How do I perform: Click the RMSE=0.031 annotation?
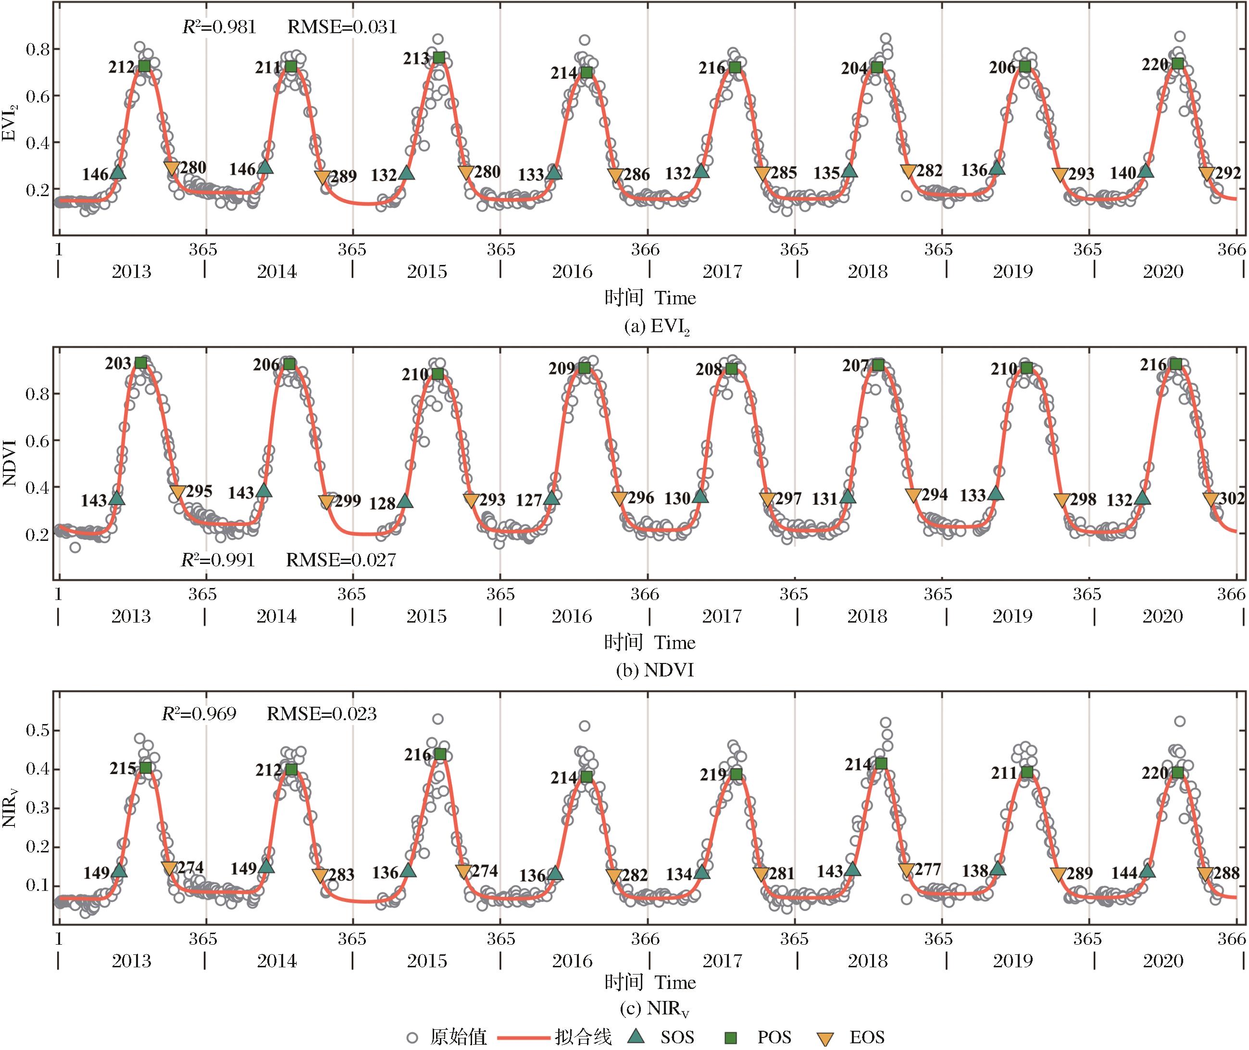[342, 27]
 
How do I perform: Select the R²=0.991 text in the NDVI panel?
[218, 560]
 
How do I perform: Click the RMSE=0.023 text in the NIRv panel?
[322, 713]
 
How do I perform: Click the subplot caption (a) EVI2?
[657, 326]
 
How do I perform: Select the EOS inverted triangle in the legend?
[824, 1037]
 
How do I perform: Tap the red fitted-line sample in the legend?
[522, 1037]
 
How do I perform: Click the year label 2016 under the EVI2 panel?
[572, 272]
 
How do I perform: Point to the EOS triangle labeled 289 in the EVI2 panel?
[322, 177]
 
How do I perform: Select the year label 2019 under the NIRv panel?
[1012, 961]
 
